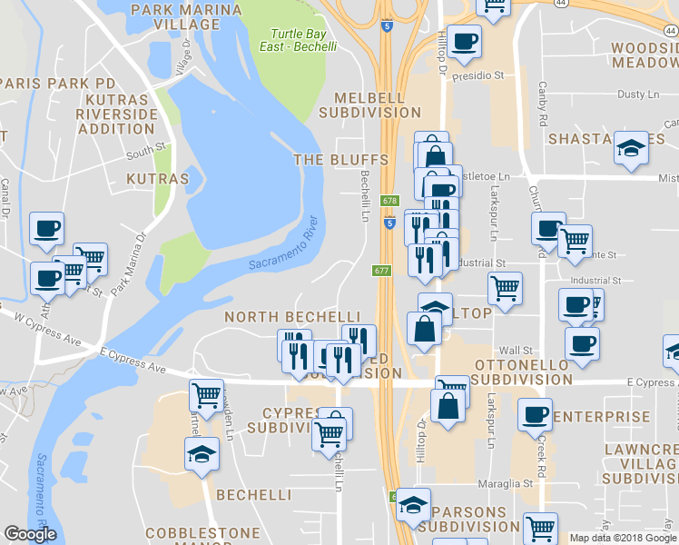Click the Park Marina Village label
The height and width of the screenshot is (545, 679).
pyautogui.click(x=186, y=17)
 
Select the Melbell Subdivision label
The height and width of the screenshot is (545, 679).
pyautogui.click(x=378, y=104)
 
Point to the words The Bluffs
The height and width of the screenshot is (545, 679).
pyautogui.click(x=340, y=160)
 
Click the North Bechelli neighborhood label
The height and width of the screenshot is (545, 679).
pyautogui.click(x=292, y=316)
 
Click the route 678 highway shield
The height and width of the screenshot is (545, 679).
pyautogui.click(x=390, y=201)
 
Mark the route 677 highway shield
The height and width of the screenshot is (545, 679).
pyautogui.click(x=381, y=270)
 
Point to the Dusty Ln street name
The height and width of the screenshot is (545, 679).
pyautogui.click(x=638, y=94)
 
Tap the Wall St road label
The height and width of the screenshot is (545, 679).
pyautogui.click(x=515, y=350)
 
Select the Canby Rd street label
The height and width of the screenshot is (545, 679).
pyautogui.click(x=542, y=104)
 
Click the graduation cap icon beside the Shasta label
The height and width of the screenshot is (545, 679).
pyautogui.click(x=630, y=147)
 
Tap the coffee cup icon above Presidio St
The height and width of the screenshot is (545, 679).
pyautogui.click(x=464, y=42)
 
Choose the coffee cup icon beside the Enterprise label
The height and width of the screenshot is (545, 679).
pyautogui.click(x=536, y=414)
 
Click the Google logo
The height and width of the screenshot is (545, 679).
pyautogui.click(x=30, y=534)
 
